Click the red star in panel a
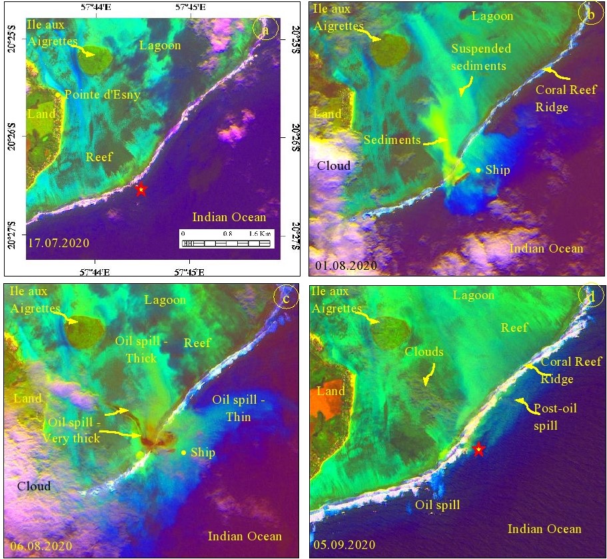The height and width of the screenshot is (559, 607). click(141, 190)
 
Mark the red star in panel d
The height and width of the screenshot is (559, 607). click(478, 450)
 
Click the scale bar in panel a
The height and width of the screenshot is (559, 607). click(227, 239)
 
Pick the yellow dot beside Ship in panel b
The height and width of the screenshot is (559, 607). click(478, 170)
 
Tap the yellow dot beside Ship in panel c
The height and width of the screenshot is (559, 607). click(184, 452)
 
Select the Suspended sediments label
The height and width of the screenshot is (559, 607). click(481, 57)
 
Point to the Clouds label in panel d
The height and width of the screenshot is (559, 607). click(424, 351)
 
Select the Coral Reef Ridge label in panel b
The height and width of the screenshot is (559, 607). click(561, 97)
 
